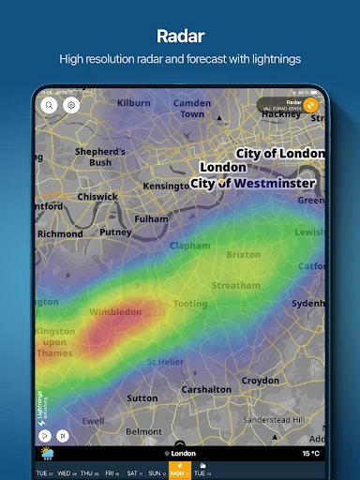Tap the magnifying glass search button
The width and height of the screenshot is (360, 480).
click(x=50, y=106)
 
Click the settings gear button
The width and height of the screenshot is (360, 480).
click(x=70, y=106)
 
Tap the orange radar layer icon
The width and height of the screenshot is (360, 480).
click(x=310, y=105)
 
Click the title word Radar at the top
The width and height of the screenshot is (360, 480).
click(x=180, y=37)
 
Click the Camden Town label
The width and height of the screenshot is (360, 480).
click(x=192, y=108)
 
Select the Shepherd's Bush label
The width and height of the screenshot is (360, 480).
click(x=100, y=157)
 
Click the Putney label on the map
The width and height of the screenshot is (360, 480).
click(x=115, y=232)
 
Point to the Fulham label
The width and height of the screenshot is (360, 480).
click(x=151, y=218)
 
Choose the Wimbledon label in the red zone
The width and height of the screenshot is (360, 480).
click(x=115, y=311)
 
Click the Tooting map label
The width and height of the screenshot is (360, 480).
click(x=190, y=304)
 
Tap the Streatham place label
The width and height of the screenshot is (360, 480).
click(x=235, y=285)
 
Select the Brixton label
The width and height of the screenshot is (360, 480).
click(x=243, y=254)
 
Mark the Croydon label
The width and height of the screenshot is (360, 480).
click(x=260, y=381)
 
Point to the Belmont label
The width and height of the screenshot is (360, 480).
click(x=143, y=431)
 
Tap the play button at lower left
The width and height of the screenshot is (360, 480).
click(x=43, y=435)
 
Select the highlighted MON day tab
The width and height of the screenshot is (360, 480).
click(x=177, y=474)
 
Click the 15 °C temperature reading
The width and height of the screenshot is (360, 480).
click(x=310, y=454)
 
